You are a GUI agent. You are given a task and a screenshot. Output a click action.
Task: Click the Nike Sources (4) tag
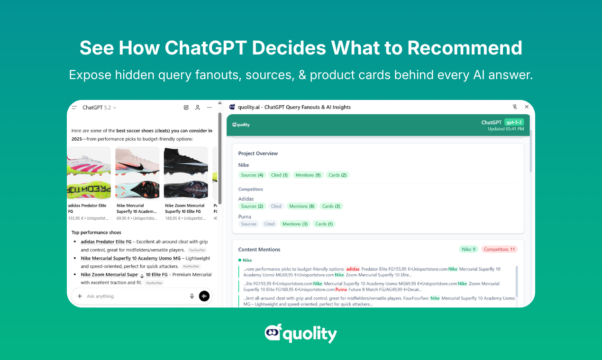tap(252, 175)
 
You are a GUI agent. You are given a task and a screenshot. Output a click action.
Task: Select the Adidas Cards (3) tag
tap(331, 206)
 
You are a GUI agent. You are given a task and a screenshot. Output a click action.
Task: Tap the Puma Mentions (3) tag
tap(295, 224)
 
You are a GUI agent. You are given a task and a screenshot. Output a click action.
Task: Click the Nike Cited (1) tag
tap(279, 175)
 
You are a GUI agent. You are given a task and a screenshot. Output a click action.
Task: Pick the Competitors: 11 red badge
tap(499, 249)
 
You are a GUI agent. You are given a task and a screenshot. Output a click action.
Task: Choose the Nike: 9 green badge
tap(468, 249)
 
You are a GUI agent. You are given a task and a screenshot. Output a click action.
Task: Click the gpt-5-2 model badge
tap(514, 122)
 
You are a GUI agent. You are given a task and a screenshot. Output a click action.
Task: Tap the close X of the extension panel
tap(527, 107)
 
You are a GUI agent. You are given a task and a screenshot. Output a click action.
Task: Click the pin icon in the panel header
tap(515, 107)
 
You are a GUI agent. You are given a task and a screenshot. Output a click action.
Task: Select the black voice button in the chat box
tap(204, 296)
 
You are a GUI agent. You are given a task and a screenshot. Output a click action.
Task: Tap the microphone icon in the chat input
tap(192, 296)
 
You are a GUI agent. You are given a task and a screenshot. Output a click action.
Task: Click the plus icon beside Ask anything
tap(80, 296)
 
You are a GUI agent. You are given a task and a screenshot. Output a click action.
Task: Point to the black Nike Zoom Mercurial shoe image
tap(186, 172)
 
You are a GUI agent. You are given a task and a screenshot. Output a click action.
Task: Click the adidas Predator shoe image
tap(89, 172)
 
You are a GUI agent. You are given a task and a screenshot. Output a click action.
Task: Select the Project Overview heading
tap(258, 153)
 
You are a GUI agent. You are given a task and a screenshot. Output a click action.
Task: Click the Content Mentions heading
tap(259, 250)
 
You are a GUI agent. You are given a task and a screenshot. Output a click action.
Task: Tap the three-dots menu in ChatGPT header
tap(210, 108)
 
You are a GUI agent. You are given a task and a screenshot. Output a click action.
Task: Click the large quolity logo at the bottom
tap(301, 333)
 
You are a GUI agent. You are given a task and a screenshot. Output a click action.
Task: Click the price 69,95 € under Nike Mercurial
tap(124, 218)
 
